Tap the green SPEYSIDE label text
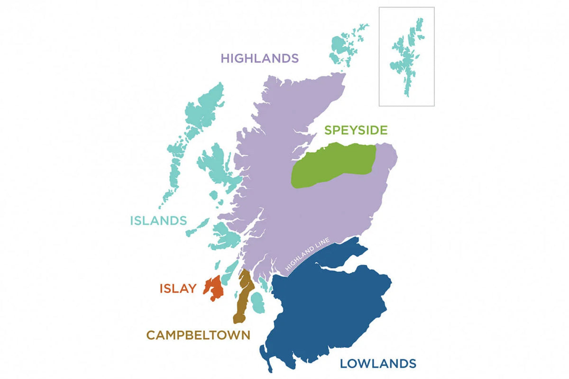click(356, 130)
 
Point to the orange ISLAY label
click(178, 288)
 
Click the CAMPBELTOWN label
click(198, 335)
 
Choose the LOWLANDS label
click(378, 363)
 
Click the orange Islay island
click(214, 288)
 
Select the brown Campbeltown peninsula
click(243, 296)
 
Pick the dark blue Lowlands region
click(327, 308)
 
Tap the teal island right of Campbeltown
click(257, 302)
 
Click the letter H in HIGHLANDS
click(225, 58)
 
